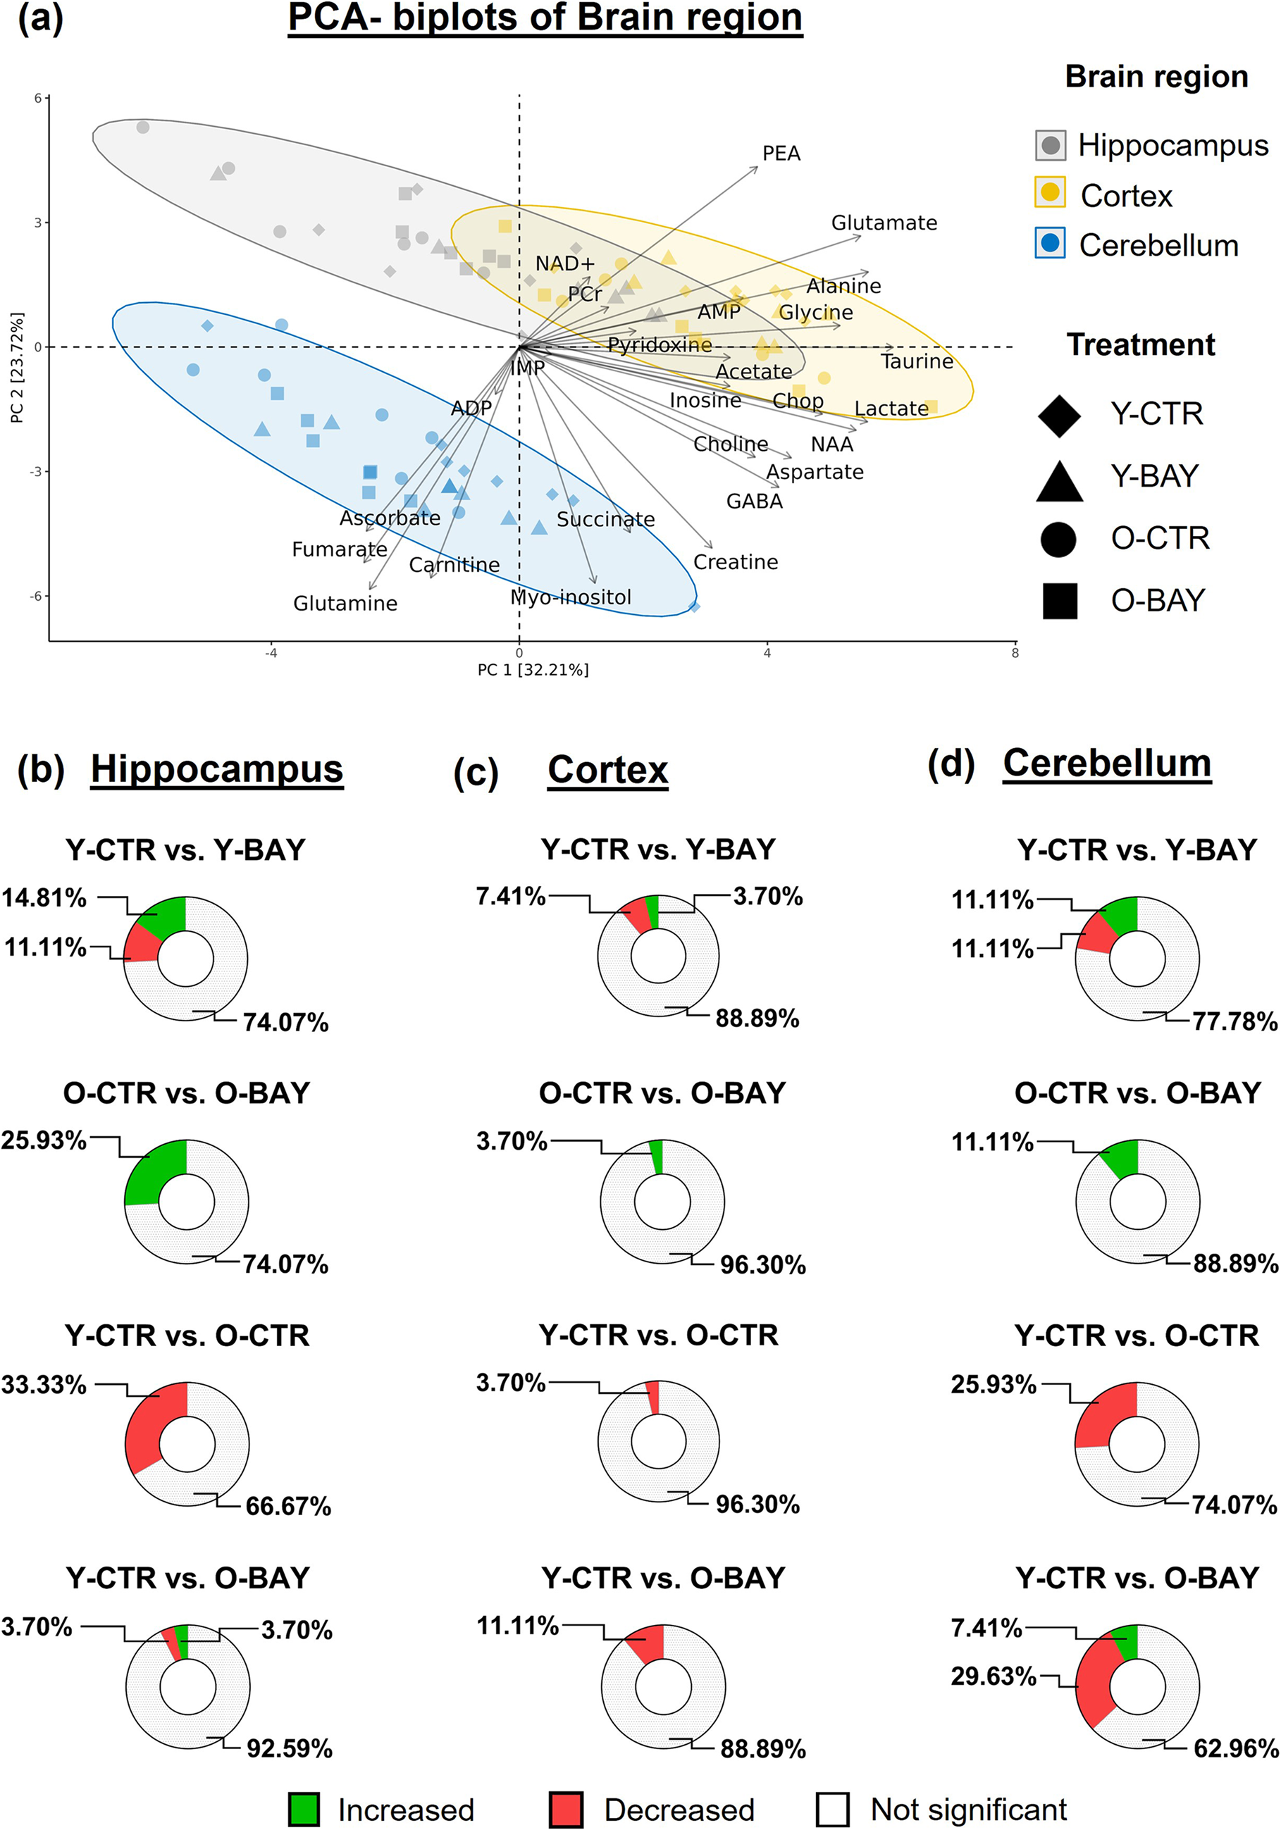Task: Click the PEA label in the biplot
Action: point(781,153)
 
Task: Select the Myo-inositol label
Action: point(570,597)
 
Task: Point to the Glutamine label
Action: point(345,604)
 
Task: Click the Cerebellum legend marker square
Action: point(1050,243)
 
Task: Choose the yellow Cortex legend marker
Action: point(1050,193)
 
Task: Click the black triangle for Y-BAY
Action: point(1058,480)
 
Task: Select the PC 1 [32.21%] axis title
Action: point(533,669)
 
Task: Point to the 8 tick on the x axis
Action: point(1014,654)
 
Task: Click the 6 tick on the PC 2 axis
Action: point(37,99)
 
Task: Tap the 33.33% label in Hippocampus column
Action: point(44,1384)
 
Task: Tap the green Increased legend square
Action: point(304,1810)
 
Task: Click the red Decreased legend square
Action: point(565,1810)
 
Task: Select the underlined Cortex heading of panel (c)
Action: point(607,770)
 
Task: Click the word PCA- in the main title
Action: point(334,18)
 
